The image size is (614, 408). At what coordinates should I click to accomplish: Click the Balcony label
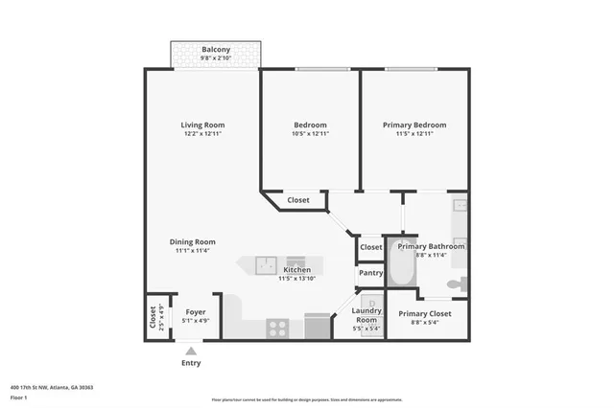click(215, 50)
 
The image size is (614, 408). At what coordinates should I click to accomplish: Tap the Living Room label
click(203, 125)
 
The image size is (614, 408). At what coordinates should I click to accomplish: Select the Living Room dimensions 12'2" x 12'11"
click(203, 135)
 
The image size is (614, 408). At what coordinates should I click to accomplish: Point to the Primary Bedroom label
click(414, 125)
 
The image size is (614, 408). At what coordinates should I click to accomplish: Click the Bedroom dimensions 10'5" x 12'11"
click(311, 135)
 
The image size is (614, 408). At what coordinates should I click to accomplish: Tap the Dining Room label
click(193, 242)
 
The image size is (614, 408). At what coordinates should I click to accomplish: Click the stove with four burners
click(278, 328)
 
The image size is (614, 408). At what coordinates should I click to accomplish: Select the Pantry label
click(370, 273)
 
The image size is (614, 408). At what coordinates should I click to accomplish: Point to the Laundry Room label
click(367, 315)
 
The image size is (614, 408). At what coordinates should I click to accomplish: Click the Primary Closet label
click(425, 313)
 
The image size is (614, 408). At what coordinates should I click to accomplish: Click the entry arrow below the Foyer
click(192, 351)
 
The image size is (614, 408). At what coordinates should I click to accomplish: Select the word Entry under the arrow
click(192, 363)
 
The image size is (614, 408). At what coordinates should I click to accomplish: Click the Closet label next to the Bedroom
click(298, 200)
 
